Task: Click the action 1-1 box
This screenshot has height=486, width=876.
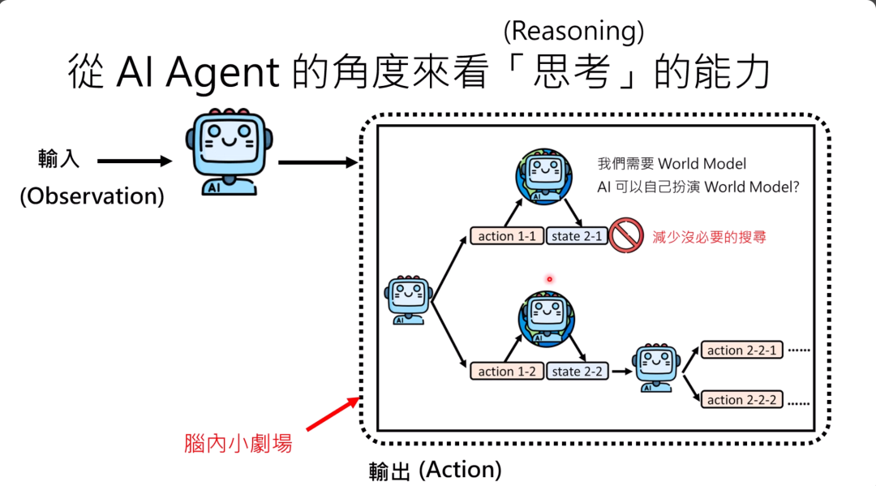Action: point(506,237)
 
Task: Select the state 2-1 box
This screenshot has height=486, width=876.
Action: point(577,237)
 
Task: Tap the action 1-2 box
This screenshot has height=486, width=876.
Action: point(506,372)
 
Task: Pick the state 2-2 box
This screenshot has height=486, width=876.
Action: point(577,372)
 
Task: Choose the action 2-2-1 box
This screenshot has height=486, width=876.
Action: point(742,351)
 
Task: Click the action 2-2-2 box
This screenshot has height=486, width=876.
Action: point(742,400)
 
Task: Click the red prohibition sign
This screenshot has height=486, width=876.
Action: point(627,235)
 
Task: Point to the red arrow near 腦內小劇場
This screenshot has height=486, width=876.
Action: point(333,412)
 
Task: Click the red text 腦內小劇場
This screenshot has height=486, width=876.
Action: point(238,444)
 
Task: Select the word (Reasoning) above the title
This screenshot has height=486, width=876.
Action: point(573,31)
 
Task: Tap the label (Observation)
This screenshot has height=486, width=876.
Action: point(92,196)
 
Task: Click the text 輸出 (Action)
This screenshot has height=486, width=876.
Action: point(435,470)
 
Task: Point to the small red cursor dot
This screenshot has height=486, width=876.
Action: point(549,280)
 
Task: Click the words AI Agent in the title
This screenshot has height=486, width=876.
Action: point(197,73)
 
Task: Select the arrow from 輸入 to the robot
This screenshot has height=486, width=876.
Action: point(135,161)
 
